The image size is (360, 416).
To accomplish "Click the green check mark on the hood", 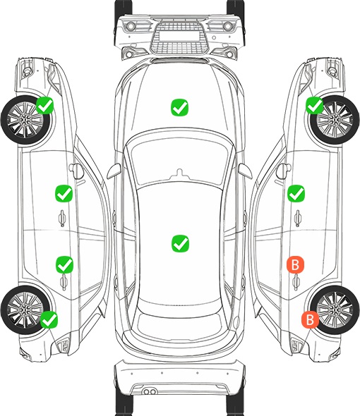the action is pos(179,107).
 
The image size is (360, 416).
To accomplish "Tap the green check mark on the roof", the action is pos(180,243).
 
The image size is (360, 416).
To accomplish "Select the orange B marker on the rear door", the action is pos(295,264).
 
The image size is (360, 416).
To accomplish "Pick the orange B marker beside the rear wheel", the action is pos(310,319).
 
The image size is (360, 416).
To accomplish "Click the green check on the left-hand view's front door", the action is pos(64,193).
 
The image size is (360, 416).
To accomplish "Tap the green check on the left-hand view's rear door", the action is pos(64,264).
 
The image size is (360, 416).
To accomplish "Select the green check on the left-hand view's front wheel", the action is pos(45,105).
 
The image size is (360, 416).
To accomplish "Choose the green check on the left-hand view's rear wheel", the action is pos(49,319).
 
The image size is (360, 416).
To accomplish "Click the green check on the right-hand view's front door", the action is pos(296,193).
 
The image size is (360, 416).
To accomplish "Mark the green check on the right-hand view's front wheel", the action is pos(315,105).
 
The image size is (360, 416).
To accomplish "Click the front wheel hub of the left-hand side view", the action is pos(25,120).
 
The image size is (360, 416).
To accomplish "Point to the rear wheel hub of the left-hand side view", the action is pos(25,310).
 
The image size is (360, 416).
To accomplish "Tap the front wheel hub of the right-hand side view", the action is pos(335,120).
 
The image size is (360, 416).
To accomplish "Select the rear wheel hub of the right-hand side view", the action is pos(335,310).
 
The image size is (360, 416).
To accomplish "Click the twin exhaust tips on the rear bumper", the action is pos(150,391).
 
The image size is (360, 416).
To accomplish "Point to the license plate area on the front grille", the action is pos(179,35).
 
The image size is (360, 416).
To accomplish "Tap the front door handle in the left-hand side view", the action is pos(62,218).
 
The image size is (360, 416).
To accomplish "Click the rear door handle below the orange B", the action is pos(296,282).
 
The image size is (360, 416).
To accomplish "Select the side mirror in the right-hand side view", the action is pos(282,171).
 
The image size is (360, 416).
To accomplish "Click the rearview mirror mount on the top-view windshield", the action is pos(180,173).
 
